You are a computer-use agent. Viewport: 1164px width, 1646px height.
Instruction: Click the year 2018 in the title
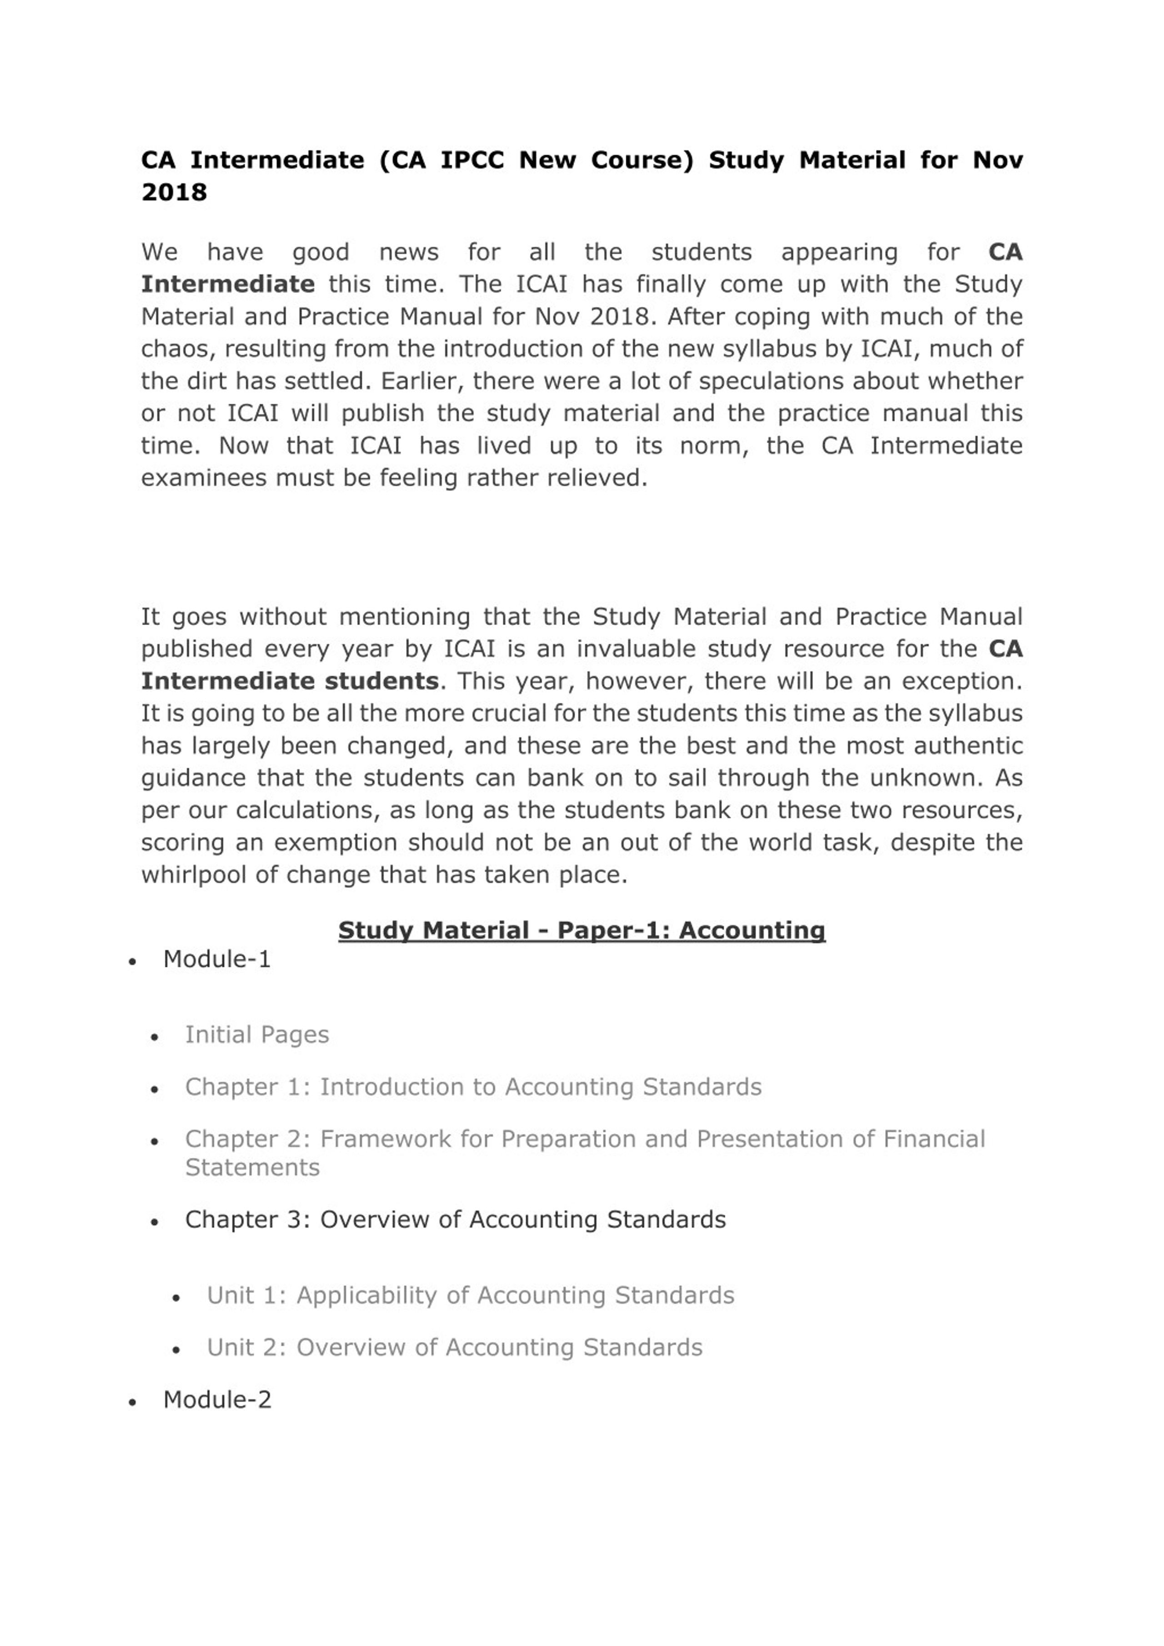(x=174, y=192)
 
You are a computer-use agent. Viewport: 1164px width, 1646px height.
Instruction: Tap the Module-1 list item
(x=216, y=959)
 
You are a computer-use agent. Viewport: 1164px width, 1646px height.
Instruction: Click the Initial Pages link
(x=257, y=1035)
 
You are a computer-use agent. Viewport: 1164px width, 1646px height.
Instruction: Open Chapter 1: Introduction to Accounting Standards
(x=472, y=1087)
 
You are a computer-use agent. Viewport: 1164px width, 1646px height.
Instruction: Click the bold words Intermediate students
(x=290, y=681)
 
